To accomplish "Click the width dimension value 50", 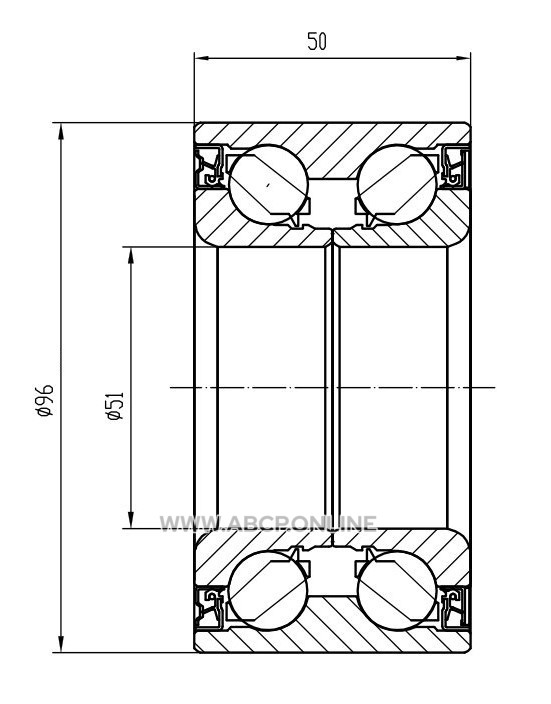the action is coord(317,41).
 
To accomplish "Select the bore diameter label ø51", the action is coord(114,405).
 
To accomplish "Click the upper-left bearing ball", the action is coord(269,184).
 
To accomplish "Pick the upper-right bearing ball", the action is coord(397,184).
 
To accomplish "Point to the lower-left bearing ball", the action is coord(269,590).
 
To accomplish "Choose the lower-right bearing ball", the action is coord(397,590).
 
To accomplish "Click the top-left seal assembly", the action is coord(210,167).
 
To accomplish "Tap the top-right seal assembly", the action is coord(455,167).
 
